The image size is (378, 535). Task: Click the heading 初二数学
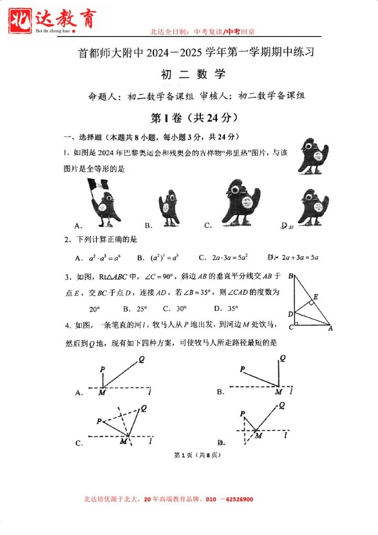tap(194, 75)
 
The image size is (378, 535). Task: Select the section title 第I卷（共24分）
tap(194, 118)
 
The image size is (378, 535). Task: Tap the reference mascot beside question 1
tap(312, 156)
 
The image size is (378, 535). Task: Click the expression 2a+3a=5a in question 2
tap(300, 257)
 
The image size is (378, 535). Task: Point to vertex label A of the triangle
tap(330, 329)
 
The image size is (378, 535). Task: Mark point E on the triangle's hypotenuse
tap(315, 296)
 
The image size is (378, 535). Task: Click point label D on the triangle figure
tap(290, 314)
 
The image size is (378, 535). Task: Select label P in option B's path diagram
tap(242, 369)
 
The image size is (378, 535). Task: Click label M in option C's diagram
tap(123, 441)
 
